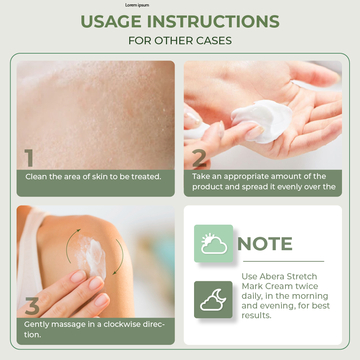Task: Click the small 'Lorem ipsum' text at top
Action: coord(137,5)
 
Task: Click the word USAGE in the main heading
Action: coord(111,22)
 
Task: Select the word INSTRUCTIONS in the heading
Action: coord(213,22)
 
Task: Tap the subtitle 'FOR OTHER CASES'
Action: coord(180,41)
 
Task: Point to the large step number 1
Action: coord(29,158)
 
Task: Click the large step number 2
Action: coord(199,158)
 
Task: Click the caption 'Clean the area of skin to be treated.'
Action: coord(93,177)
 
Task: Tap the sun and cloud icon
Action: coord(213,244)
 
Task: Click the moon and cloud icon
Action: coord(213,300)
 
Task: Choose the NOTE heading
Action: coord(265,244)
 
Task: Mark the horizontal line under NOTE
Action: coord(284,261)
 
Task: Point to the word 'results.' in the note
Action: coord(256,315)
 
